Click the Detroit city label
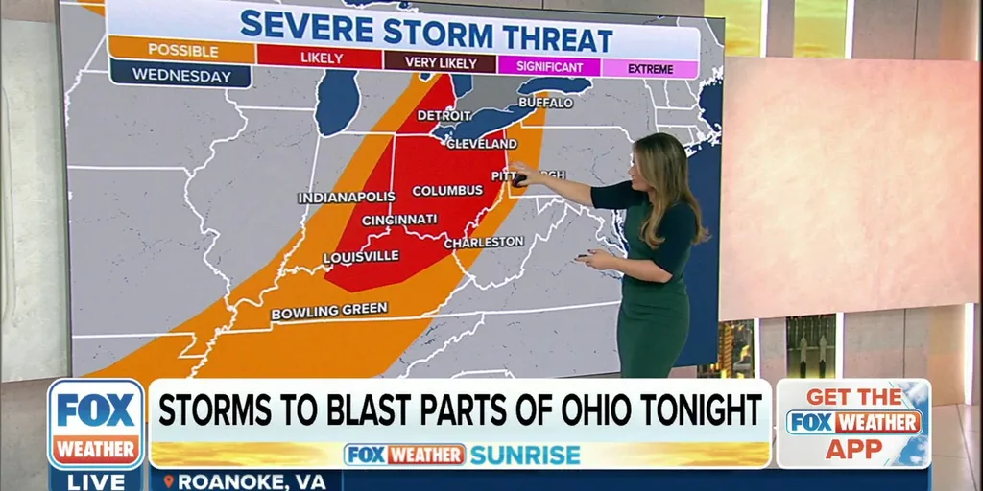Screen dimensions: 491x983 [x=444, y=116]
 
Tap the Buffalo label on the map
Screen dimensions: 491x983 [x=545, y=103]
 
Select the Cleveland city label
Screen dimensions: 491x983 [x=481, y=144]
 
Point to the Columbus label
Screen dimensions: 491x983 [x=447, y=191]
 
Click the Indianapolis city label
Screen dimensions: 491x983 [x=347, y=198]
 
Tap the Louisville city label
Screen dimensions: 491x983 [x=361, y=257]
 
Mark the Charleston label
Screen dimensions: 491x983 [x=484, y=243]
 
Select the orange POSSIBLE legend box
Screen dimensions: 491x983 [x=181, y=50]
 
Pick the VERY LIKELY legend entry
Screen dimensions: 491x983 [x=440, y=63]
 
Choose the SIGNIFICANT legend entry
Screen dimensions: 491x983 [x=549, y=67]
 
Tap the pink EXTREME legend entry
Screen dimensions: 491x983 [x=650, y=69]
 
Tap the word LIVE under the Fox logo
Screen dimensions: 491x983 [x=96, y=480]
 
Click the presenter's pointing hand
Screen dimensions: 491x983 [x=521, y=174]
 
